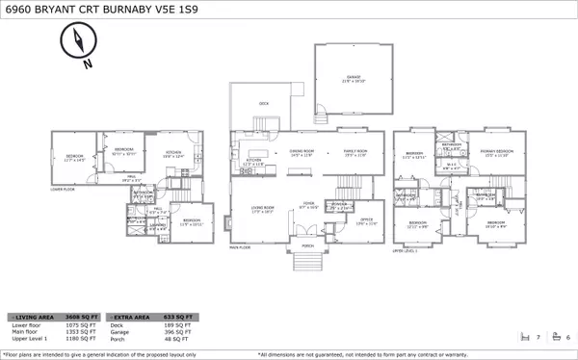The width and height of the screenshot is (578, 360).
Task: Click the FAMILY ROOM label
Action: tap(355, 151)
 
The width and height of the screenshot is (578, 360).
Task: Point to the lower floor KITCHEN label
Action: tap(172, 153)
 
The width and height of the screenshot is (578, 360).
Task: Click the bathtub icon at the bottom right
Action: tap(555, 338)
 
